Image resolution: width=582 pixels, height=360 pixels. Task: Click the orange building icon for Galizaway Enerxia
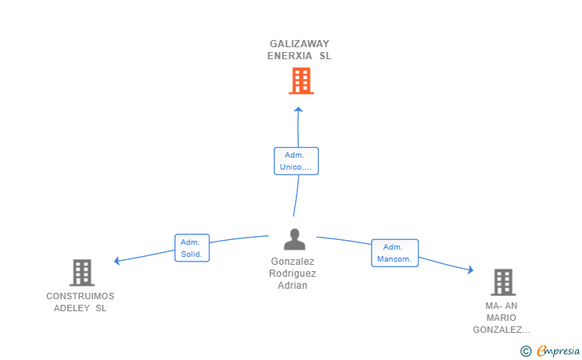301,81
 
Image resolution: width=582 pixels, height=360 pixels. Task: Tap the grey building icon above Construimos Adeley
82,272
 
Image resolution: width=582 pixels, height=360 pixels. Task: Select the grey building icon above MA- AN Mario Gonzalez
504,282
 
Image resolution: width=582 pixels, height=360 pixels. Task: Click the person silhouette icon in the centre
295,239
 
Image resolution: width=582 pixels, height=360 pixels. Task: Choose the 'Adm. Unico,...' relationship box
296,161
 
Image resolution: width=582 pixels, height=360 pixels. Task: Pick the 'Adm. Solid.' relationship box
192,248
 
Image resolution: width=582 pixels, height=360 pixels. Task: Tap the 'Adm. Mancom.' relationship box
395,253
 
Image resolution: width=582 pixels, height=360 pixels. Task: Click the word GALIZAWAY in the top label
299,44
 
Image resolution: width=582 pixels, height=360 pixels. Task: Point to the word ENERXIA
289,56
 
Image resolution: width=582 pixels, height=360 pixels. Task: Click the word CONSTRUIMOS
80,296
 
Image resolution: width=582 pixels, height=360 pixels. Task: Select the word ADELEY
72,308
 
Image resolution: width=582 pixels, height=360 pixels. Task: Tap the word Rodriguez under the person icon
293,274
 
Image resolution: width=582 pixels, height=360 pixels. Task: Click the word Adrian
293,286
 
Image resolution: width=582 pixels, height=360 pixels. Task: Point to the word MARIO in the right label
501,318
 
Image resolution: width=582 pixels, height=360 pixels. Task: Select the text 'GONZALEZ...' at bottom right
501,330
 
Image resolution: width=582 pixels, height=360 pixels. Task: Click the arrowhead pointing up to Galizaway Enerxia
298,110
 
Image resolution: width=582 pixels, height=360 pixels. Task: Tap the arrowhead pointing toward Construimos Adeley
117,261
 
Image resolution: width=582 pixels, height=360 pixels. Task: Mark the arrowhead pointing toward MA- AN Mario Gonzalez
471,270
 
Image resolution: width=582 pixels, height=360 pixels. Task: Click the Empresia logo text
558,350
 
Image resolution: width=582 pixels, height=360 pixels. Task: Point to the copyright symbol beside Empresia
525,351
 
